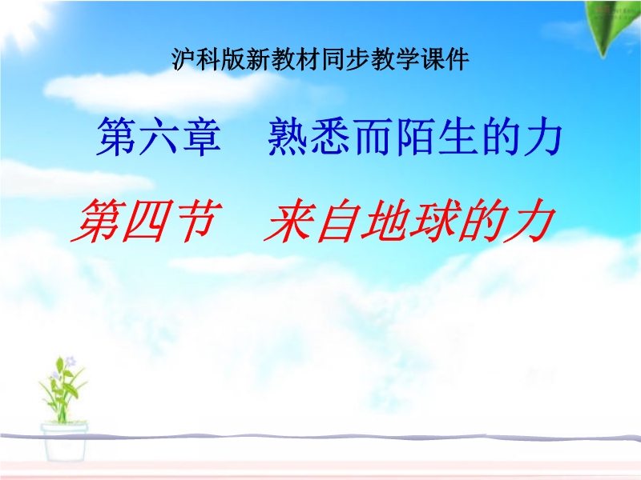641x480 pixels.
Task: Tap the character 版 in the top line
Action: [x=233, y=59]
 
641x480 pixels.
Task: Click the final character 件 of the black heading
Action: [x=457, y=59]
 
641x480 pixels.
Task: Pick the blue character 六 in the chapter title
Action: [x=159, y=136]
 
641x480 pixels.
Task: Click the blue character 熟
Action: [x=288, y=136]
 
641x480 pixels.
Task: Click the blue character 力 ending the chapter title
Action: [x=543, y=136]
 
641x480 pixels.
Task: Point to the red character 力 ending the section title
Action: [x=530, y=222]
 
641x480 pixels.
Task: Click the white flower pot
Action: [x=64, y=442]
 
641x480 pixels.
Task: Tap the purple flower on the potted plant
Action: [x=71, y=362]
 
